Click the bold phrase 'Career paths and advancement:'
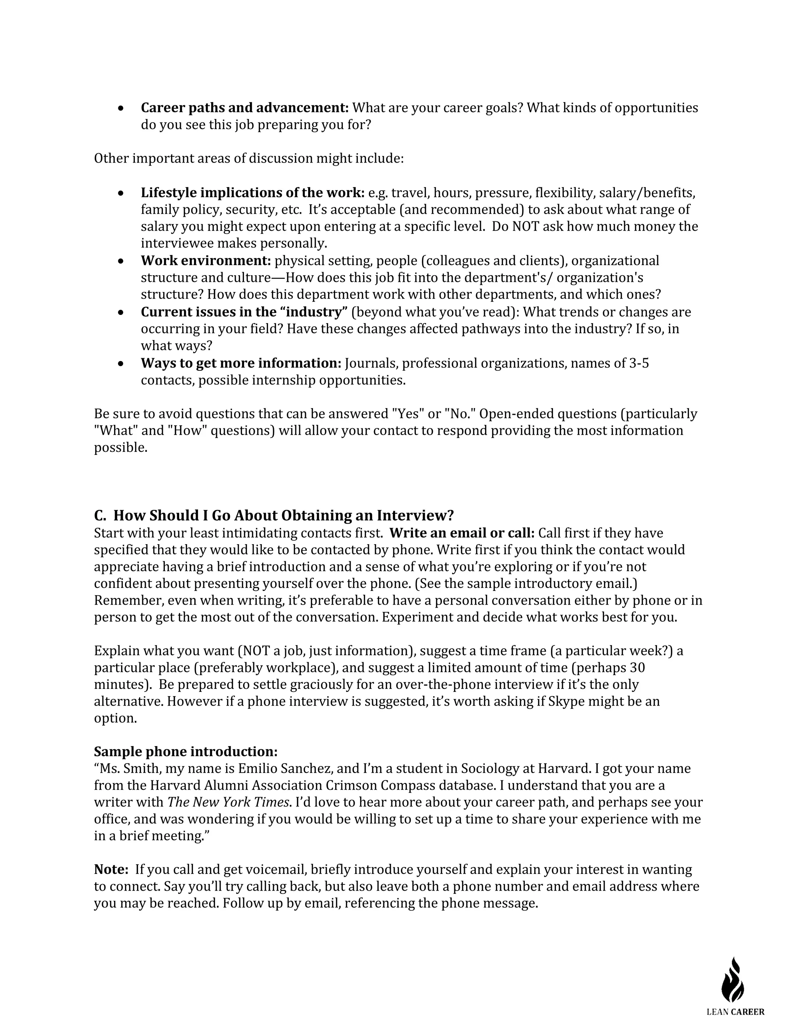coord(244,108)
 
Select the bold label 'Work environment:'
coord(206,261)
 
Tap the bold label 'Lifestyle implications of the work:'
coord(252,193)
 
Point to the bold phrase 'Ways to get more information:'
coord(241,363)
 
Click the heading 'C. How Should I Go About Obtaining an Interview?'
coord(274,515)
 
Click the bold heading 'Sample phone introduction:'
coord(186,752)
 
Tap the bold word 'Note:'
coord(111,869)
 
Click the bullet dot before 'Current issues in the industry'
coord(122,312)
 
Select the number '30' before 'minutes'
coord(637,667)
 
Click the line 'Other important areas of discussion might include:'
coord(249,158)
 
